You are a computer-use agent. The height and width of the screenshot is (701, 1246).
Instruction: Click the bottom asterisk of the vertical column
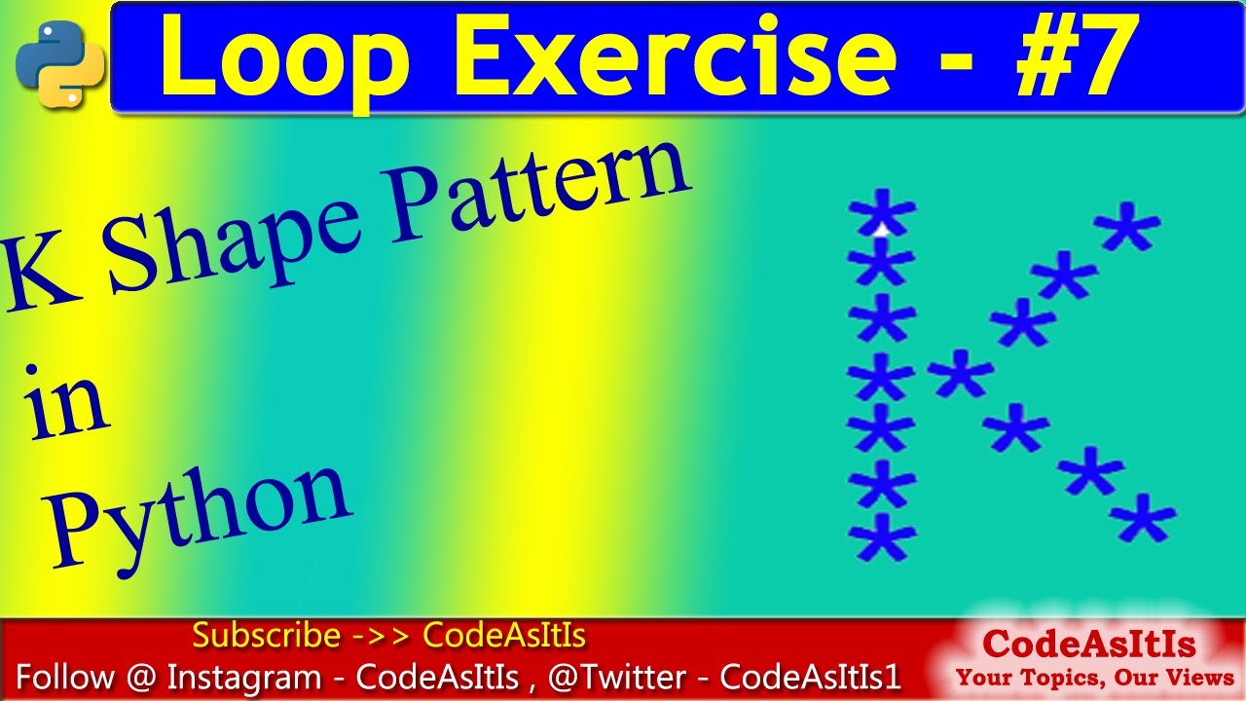(x=882, y=535)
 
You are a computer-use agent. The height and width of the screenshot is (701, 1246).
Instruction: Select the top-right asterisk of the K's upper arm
(x=1127, y=227)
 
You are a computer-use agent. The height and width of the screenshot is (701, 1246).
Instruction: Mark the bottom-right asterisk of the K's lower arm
(x=1143, y=517)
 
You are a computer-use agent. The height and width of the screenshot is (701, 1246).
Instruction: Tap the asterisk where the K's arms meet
(x=961, y=373)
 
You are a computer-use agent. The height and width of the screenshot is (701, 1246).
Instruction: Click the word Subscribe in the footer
(x=265, y=636)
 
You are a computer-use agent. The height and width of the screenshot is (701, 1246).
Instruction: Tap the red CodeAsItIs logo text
(x=1088, y=645)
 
